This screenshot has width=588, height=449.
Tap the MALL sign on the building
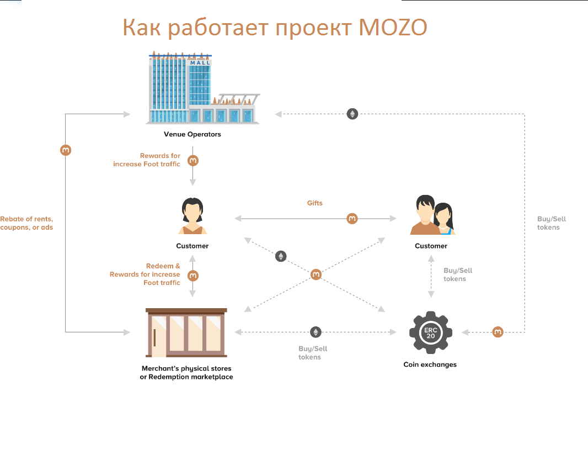pos(200,63)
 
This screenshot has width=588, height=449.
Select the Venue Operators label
pos(192,134)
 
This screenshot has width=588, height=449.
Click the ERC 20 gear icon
pos(430,332)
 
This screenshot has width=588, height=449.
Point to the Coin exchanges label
pos(430,365)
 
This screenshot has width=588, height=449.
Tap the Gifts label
pos(315,203)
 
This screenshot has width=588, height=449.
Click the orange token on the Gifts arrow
pos(352,219)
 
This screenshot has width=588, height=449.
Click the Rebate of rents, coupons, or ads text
pos(27,223)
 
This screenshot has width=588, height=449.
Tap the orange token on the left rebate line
pos(66,150)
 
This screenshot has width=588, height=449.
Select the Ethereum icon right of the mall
pos(352,114)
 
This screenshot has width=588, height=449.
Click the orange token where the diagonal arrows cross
pos(316,274)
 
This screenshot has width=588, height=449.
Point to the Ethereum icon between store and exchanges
pos(316,332)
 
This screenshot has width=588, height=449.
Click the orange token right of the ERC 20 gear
pos(498,332)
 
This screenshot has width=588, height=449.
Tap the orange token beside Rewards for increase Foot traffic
pos(193,161)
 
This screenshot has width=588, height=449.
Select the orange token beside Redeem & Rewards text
pos(193,275)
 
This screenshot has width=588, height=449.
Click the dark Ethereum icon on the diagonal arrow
pos(281,256)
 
